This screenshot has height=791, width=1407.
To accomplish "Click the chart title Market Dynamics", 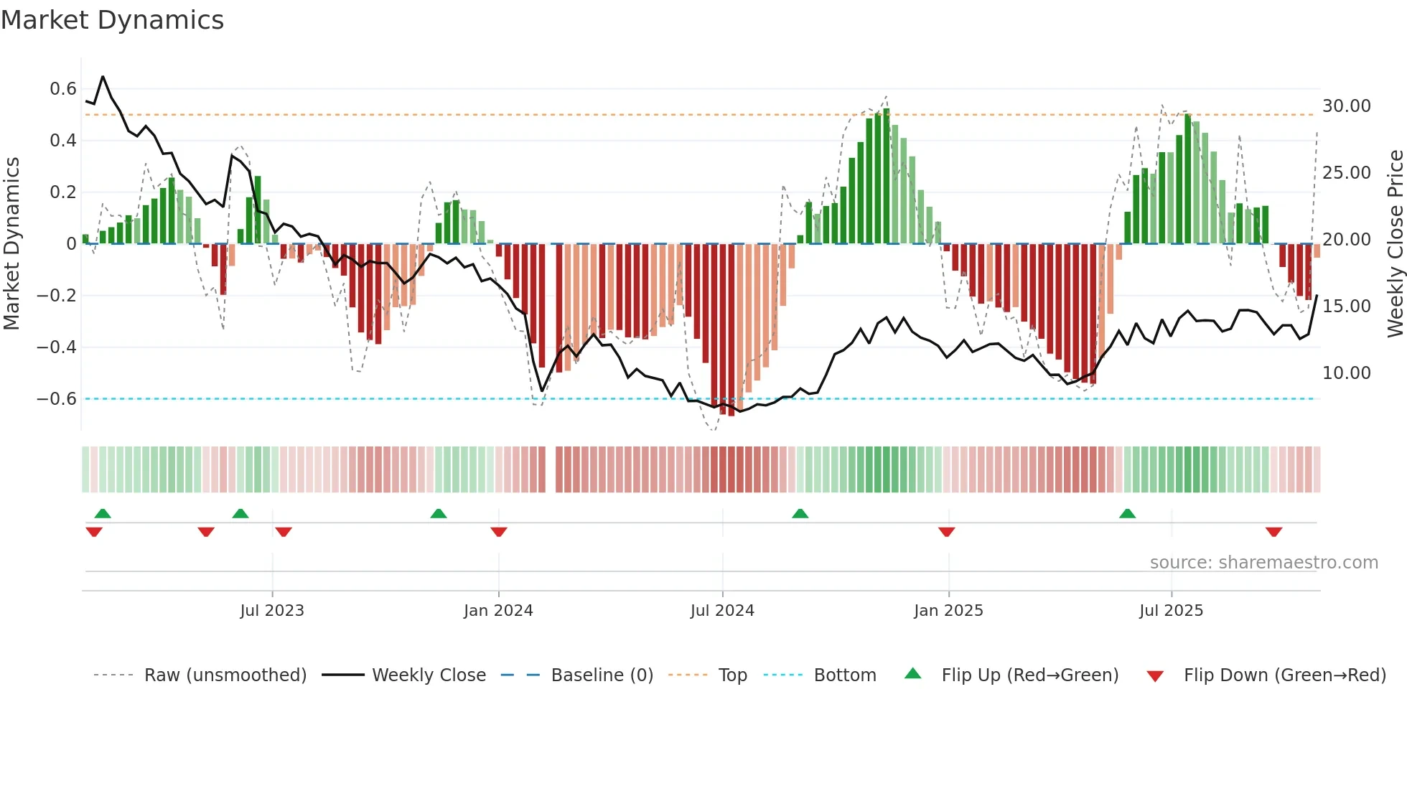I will (x=112, y=20).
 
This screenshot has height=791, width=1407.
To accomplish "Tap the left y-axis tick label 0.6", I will (x=63, y=89).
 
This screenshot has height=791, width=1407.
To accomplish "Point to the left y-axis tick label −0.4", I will (x=57, y=347).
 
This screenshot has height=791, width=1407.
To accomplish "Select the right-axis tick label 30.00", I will (x=1346, y=106).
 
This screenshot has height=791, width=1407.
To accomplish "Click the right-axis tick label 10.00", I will (x=1346, y=373).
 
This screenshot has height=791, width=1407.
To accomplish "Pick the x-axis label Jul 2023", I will (x=272, y=611).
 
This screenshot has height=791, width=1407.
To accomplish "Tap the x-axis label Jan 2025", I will (x=948, y=611).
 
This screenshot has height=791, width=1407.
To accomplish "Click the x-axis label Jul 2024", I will (x=722, y=611).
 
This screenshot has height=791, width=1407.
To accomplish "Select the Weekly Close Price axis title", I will (x=1395, y=244).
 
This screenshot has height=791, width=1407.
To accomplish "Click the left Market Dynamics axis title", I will (x=11, y=244).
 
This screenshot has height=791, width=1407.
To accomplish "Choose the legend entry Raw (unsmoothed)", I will (x=225, y=675).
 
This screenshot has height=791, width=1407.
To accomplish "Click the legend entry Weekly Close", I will (x=429, y=675).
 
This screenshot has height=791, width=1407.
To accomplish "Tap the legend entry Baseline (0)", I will (x=602, y=675).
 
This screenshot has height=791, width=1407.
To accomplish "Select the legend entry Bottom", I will (x=844, y=675).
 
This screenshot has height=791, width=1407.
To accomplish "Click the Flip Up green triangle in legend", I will (x=912, y=674).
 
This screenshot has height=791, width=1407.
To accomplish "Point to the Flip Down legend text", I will (x=1284, y=675).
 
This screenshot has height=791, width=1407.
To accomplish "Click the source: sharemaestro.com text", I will (x=1263, y=563).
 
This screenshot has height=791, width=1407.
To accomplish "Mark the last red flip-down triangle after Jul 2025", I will (x=1273, y=532).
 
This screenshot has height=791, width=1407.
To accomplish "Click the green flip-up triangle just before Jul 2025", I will (x=1127, y=513).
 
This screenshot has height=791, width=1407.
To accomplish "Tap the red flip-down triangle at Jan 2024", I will (x=499, y=532).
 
